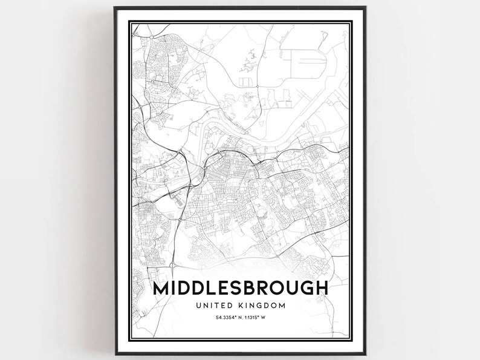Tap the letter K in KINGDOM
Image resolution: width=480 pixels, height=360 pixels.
click(x=245, y=306)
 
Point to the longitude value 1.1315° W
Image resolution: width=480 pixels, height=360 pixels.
click(x=256, y=319)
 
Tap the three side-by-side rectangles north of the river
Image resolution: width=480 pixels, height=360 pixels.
click(x=246, y=80)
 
